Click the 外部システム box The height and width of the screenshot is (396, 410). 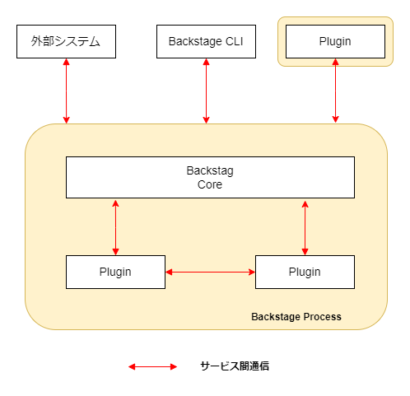pos(66,41)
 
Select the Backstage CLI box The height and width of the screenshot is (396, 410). pos(206,41)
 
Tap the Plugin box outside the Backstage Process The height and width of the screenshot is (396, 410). pos(335,41)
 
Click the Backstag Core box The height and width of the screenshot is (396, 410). pos(210,177)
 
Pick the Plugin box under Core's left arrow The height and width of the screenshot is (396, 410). pos(115,272)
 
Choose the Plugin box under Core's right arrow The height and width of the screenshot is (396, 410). pos(305,272)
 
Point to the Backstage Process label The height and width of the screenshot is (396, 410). pos(296,317)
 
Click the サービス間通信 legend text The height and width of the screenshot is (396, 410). pos(235,366)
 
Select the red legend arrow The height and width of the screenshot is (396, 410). pos(153,367)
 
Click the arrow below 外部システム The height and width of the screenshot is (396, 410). pos(66,91)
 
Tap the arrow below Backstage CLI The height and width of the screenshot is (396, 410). pos(206,91)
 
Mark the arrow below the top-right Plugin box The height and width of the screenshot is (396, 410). pos(335,91)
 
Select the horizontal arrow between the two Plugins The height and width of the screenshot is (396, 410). pos(210,272)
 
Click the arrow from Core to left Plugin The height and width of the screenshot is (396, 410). pos(115,227)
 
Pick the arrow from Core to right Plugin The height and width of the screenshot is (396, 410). pos(305,228)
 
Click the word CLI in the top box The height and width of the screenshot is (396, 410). pos(234,41)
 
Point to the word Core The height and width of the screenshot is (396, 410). pos(210,184)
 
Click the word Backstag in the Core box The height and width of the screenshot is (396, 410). pos(210,171)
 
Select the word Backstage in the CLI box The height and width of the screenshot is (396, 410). pos(195,42)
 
